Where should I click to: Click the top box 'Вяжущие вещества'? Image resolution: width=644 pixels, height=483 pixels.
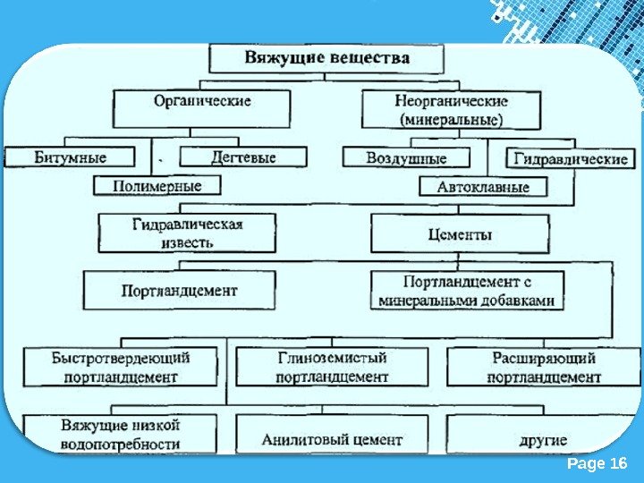pyautogui.click(x=326, y=59)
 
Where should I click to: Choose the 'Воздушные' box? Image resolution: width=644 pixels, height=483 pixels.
pyautogui.click(x=407, y=157)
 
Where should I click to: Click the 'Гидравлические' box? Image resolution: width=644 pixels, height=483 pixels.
pyautogui.click(x=570, y=158)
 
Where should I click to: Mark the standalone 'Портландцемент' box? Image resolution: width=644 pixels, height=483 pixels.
pyautogui.click(x=179, y=291)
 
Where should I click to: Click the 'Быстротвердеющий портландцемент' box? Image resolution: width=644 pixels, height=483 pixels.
pyautogui.click(x=121, y=367)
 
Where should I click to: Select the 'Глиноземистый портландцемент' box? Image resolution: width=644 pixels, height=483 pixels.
pyautogui.click(x=332, y=367)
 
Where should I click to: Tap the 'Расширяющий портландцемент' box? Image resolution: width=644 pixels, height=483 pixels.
pyautogui.click(x=543, y=367)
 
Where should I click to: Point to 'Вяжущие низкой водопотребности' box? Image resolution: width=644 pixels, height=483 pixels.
pyautogui.click(x=121, y=433)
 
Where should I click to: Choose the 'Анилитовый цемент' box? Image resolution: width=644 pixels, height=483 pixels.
pyautogui.click(x=332, y=440)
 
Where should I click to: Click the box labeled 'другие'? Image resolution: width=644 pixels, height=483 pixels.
pyautogui.click(x=543, y=440)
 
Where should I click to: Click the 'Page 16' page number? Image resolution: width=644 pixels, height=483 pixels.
pyautogui.click(x=597, y=462)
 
